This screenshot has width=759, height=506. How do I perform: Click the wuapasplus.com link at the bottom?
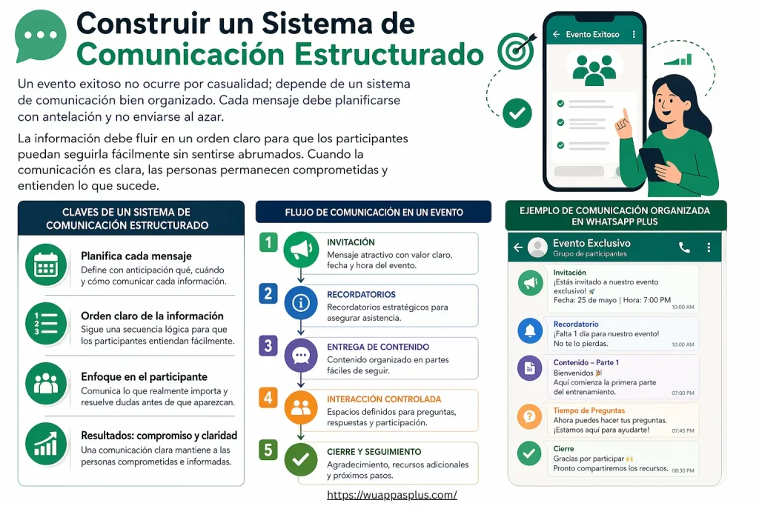[392, 495]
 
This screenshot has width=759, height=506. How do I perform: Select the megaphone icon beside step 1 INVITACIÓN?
[299, 250]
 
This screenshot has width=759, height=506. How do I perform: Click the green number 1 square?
[268, 242]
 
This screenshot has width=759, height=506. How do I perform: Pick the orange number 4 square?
[268, 397]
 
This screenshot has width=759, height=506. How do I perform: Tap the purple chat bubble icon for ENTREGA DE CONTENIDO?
[299, 355]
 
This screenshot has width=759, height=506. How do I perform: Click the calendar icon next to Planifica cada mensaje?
[46, 264]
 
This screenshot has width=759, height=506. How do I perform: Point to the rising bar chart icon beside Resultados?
[46, 444]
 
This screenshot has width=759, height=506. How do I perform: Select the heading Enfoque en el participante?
[144, 376]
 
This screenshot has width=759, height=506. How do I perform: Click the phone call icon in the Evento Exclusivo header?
[684, 247]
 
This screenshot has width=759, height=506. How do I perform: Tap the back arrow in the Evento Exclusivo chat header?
[518, 247]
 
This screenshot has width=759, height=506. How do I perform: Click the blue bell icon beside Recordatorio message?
[529, 331]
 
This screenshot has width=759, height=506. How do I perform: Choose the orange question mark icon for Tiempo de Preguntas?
[529, 416]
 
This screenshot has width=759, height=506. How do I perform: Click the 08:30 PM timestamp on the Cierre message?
[682, 470]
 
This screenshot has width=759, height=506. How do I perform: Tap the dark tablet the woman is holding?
[652, 164]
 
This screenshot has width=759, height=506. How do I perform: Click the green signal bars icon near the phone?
[677, 59]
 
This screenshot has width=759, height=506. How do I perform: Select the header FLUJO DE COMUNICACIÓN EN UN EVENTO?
[374, 212]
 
